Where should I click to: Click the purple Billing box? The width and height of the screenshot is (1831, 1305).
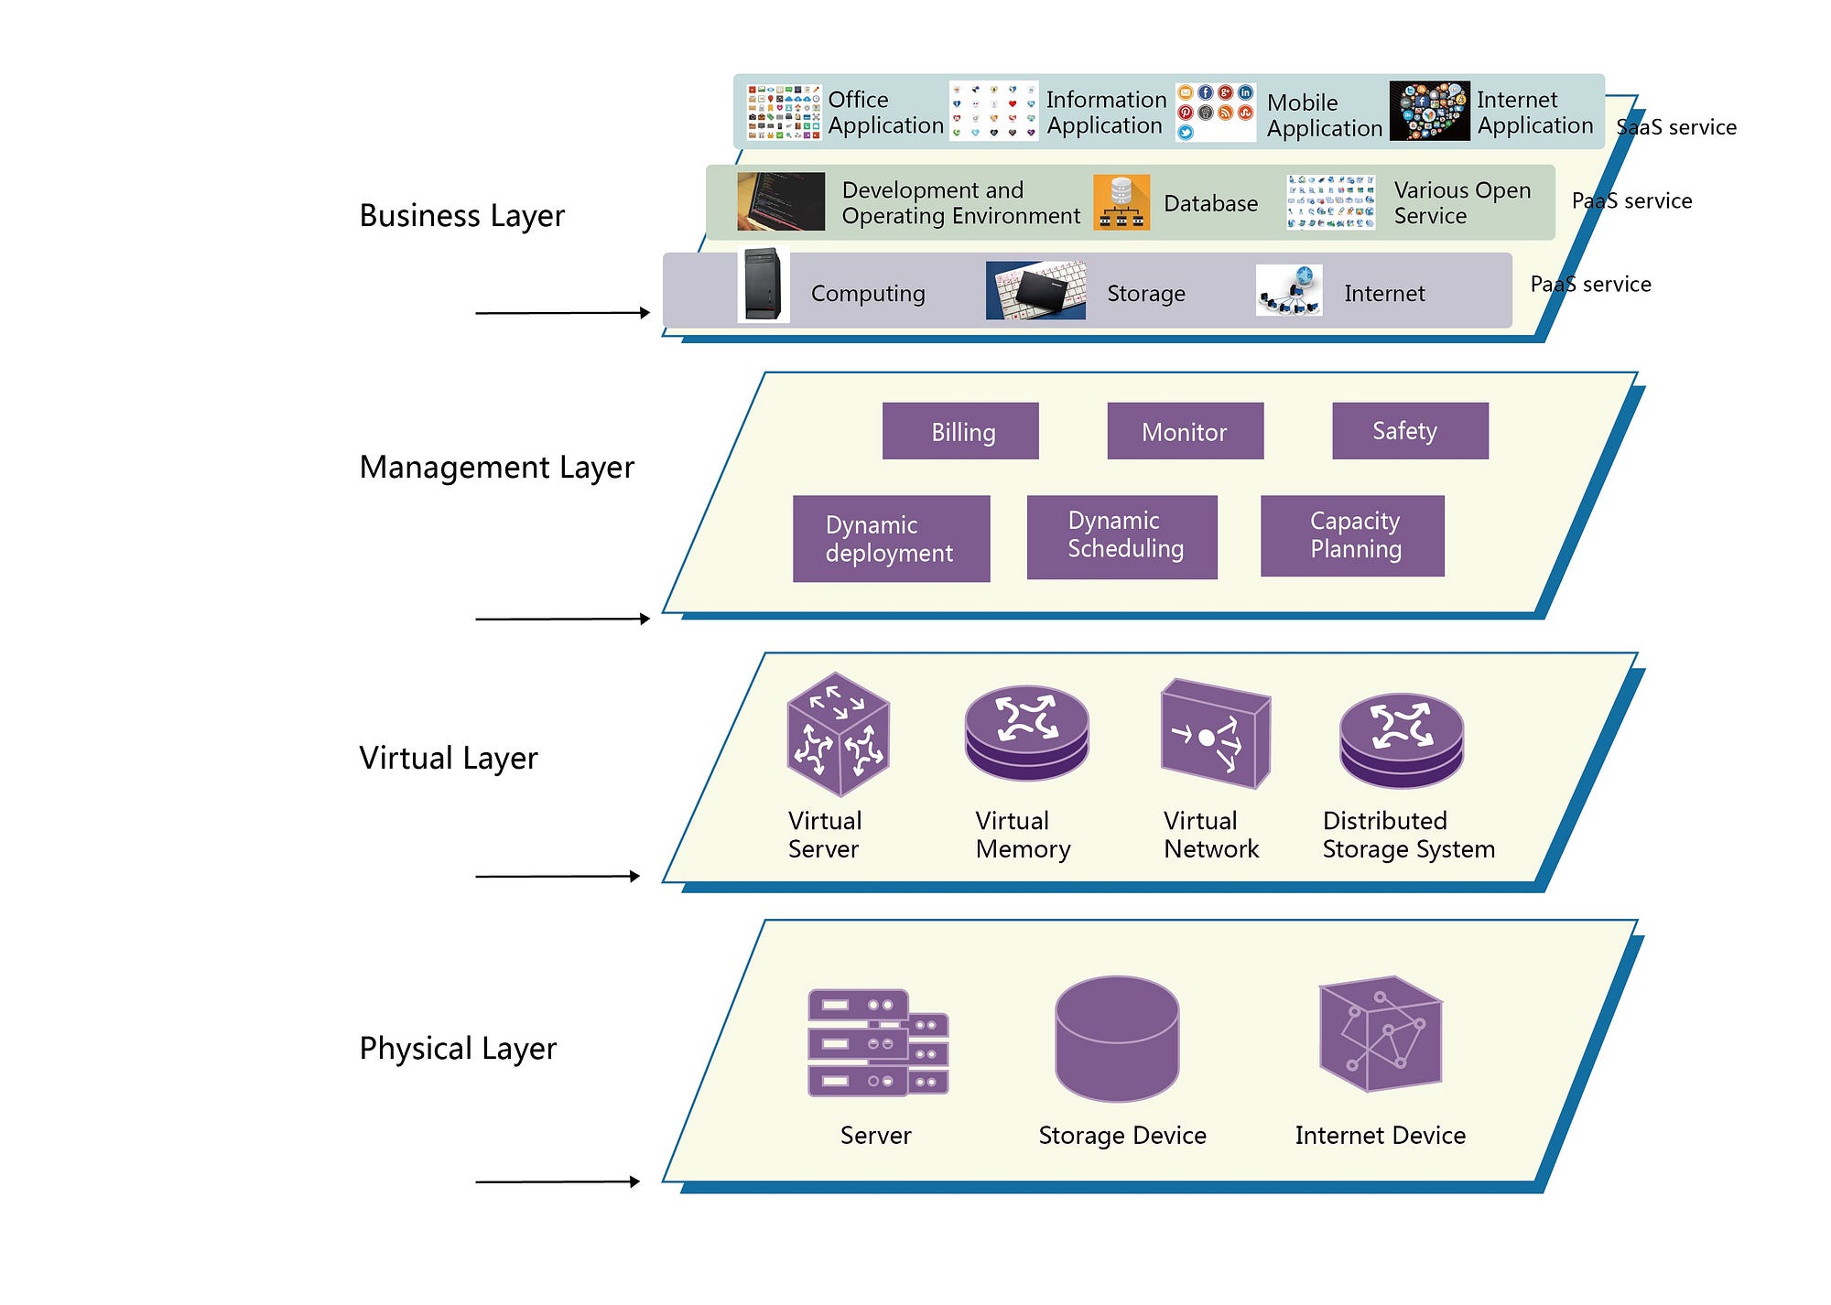click(960, 431)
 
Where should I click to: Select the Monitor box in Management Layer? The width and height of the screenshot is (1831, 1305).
click(1185, 431)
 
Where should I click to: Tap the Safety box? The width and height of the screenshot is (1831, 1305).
click(1410, 431)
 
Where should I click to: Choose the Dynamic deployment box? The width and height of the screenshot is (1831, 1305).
click(891, 538)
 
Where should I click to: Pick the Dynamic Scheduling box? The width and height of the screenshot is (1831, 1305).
click(1121, 536)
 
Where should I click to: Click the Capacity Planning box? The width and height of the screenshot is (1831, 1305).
click(1352, 535)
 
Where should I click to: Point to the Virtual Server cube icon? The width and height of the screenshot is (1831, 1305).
click(838, 734)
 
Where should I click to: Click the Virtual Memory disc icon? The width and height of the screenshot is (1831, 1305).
click(1026, 733)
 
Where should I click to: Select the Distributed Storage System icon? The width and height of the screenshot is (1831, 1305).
click(1401, 739)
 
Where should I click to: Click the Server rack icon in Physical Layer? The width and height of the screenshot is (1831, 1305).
click(877, 1042)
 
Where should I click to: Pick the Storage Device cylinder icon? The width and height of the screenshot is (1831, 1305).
click(1117, 1038)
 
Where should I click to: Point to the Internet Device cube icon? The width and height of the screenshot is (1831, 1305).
click(1380, 1034)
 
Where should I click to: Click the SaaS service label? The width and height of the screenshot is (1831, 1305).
click(1676, 127)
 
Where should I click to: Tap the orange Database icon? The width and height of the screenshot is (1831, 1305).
click(1121, 202)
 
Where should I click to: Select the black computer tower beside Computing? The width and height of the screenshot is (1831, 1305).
click(763, 285)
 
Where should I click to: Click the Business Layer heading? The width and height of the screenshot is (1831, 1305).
click(461, 216)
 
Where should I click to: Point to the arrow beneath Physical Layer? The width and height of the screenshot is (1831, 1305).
click(557, 1181)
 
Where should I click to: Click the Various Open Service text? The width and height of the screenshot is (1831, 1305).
click(1462, 203)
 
